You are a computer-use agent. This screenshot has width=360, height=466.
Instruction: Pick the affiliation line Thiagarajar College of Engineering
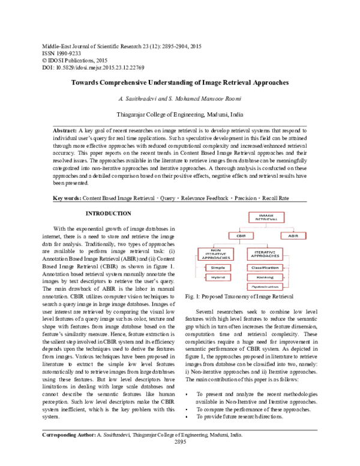tap(181, 113)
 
